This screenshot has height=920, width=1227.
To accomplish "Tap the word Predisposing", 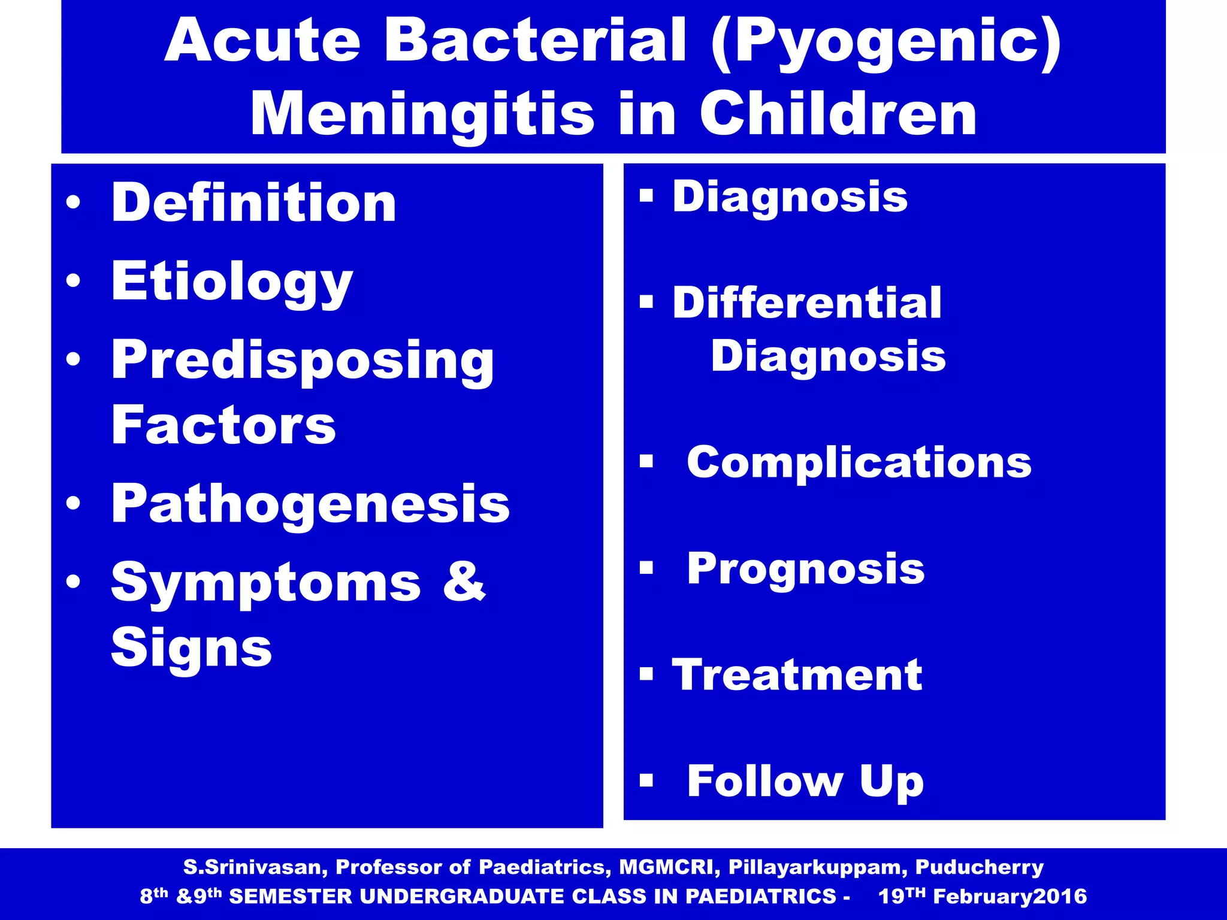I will coord(303,361).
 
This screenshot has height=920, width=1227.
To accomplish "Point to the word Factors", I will coord(223,425).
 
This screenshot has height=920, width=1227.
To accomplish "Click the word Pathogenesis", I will coord(310,504).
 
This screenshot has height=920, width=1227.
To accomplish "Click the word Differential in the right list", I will coord(806,302).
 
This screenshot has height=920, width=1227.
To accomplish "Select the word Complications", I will coord(859,462).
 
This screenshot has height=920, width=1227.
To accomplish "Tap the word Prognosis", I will coord(806,568).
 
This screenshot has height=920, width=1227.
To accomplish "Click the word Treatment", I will coord(797,675).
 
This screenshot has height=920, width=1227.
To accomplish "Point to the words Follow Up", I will coord(805,781).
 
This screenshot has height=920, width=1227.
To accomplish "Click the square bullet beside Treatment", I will coord(646,674).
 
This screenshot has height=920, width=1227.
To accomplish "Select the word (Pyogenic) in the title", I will coord(886,41).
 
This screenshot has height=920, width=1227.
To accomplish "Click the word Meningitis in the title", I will coord(422,114).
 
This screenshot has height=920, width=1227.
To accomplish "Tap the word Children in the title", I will coord(838,114).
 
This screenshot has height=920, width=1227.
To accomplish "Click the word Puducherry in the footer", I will coord(980,867).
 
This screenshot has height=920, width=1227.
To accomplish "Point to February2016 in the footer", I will coord(1010,896).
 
